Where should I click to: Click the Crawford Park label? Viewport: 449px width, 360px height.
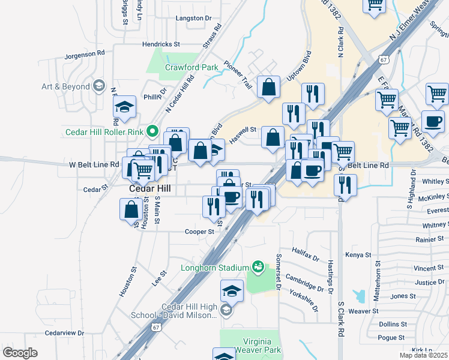pos(191,68)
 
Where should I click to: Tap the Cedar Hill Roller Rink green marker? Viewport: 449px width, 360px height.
pos(152,130)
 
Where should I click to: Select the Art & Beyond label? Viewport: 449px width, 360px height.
pos(65,86)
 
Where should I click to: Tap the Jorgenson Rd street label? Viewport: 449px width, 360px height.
pos(85,54)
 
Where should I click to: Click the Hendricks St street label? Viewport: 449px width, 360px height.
pos(161,44)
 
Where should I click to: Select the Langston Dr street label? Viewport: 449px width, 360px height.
pos(193,18)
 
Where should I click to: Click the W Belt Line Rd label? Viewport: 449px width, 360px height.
pos(94,164)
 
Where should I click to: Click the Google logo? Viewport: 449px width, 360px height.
pos(20,353)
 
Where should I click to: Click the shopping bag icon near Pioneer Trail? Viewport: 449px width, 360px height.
pos(268,87)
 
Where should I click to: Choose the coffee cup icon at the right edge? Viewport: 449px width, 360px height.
pos(433,122)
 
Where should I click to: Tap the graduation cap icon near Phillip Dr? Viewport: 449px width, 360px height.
pos(125,107)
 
